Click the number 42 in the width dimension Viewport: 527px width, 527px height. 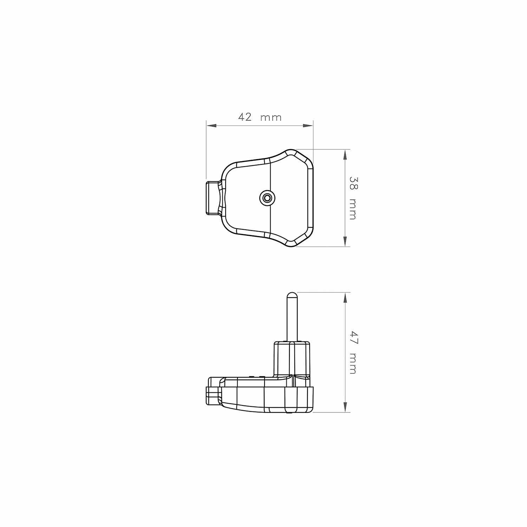pyautogui.click(x=245, y=117)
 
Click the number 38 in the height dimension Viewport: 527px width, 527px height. pyautogui.click(x=353, y=183)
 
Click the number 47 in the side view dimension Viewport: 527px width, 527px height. pyautogui.click(x=353, y=338)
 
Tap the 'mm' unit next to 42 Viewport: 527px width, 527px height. pyautogui.click(x=271, y=118)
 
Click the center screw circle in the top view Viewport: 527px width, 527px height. pyautogui.click(x=267, y=198)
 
